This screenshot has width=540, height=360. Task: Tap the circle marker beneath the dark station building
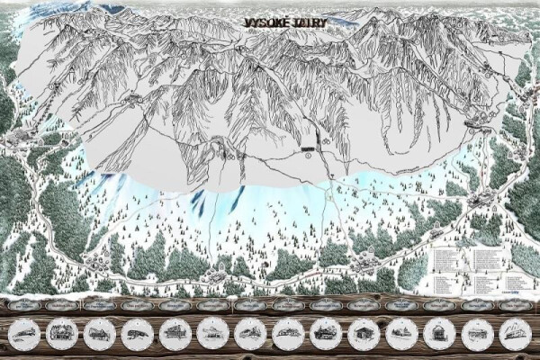pos(308,154)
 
